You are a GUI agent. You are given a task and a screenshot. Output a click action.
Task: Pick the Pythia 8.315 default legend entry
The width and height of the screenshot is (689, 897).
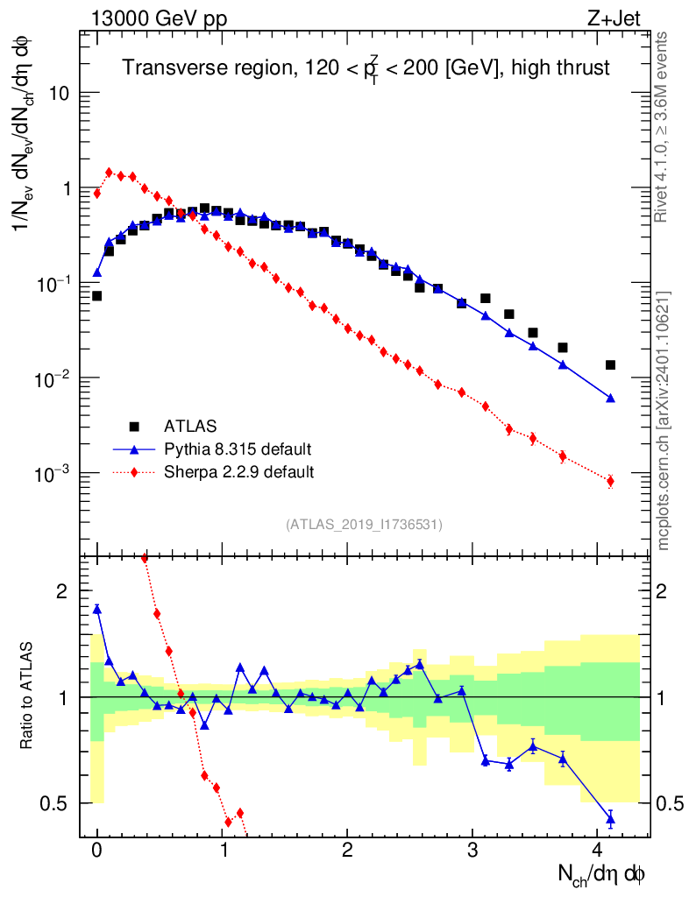click(x=237, y=449)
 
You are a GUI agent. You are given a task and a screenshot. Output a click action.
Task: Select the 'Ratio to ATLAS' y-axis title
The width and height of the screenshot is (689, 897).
click(x=29, y=697)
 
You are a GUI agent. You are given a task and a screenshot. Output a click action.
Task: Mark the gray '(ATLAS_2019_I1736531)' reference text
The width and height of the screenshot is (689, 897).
click(x=364, y=525)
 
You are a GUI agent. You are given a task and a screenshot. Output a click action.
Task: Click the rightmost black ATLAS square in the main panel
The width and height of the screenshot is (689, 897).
click(x=610, y=364)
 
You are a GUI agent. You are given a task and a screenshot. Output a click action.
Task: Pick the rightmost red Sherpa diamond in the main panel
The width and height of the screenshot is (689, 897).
click(x=610, y=481)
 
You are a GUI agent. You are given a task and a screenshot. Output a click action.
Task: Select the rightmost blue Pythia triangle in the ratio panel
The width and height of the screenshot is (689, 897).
click(x=610, y=819)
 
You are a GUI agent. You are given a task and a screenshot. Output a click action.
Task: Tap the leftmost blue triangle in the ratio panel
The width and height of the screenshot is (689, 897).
click(x=96, y=608)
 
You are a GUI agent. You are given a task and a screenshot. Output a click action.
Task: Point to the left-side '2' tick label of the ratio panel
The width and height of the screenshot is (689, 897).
click(x=61, y=592)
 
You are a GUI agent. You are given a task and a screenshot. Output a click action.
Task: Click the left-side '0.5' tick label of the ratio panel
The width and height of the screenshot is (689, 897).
click(x=54, y=803)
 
